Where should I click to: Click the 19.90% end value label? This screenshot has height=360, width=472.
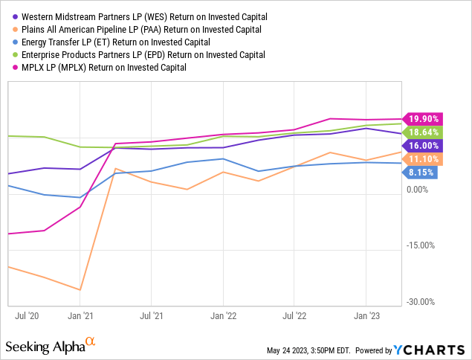click(x=421, y=118)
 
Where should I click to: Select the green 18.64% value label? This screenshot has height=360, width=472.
click(x=421, y=132)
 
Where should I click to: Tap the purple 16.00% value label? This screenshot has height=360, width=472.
click(x=421, y=146)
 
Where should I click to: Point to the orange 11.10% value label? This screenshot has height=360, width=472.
click(x=421, y=159)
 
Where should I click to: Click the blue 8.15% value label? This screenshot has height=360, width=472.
click(x=421, y=173)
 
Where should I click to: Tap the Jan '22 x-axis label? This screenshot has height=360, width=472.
click(x=223, y=315)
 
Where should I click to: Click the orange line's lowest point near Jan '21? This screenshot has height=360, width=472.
click(x=80, y=290)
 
